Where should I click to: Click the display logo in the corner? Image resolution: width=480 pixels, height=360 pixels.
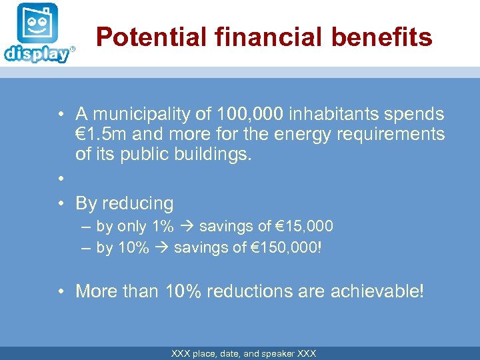click(x=37, y=33)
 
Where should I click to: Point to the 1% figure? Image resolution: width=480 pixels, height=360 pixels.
click(x=162, y=227)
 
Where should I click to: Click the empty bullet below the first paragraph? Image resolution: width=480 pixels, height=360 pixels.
click(x=60, y=179)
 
